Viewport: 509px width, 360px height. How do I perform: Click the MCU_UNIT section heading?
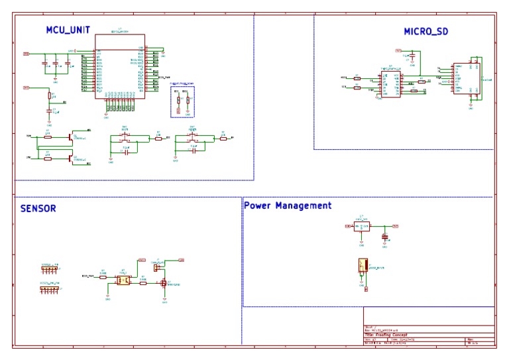[68, 30]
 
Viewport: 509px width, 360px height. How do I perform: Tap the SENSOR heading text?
[38, 208]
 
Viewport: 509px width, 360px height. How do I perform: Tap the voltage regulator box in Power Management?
[362, 226]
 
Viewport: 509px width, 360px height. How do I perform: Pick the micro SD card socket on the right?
[462, 79]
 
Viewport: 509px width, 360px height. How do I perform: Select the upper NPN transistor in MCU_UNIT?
[71, 137]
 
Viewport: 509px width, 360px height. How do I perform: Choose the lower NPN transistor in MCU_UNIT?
[71, 157]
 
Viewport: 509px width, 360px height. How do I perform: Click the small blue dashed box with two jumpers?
[182, 100]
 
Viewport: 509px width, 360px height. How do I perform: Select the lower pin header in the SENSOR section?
[50, 288]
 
